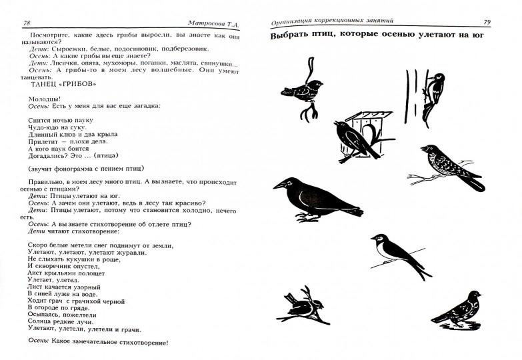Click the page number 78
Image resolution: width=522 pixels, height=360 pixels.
coord(27,23)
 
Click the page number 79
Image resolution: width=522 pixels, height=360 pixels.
coord(487,22)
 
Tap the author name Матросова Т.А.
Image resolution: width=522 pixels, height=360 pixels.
coord(213,23)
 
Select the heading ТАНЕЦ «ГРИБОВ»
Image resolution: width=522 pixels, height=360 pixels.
coord(63,84)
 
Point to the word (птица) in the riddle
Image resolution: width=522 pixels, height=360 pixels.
coord(106,155)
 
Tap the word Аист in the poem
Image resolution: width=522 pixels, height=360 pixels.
coord(35,273)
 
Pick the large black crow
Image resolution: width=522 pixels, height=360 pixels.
coord(318,200)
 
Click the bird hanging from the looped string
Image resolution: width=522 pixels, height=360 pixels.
coord(301,90)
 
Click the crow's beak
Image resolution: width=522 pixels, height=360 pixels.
coord(279,185)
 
